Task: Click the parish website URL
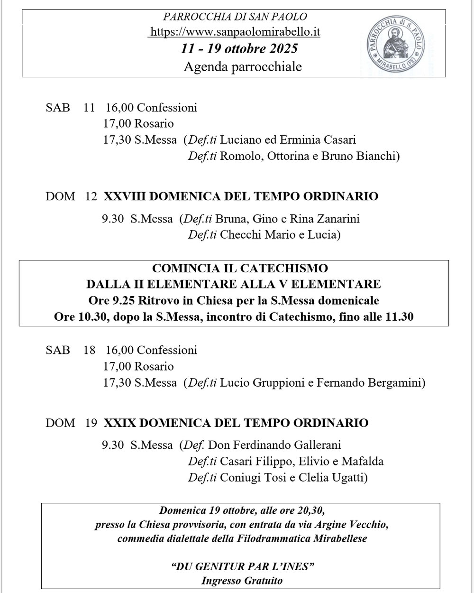tap(235, 32)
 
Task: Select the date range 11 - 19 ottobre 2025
tap(239, 49)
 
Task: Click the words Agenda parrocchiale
tap(242, 67)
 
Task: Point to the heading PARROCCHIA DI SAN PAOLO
tap(235, 17)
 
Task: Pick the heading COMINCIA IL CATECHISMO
tap(240, 269)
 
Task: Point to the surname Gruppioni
tap(275, 382)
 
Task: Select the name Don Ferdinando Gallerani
tap(274, 445)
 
